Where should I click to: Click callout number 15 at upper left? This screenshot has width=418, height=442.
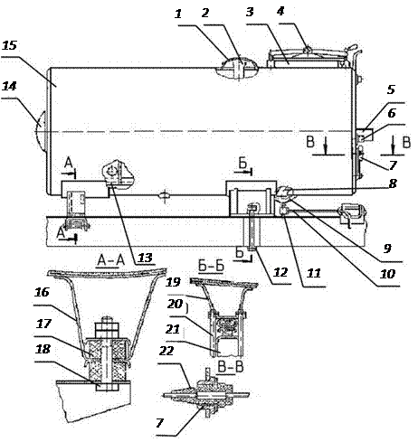(x=9, y=45)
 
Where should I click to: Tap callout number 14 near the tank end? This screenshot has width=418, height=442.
(x=9, y=86)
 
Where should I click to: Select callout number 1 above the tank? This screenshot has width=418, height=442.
(x=178, y=14)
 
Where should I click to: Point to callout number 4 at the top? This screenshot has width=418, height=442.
(x=280, y=11)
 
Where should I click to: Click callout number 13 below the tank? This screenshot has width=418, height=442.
(x=146, y=258)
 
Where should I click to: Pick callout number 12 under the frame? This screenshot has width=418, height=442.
(x=280, y=272)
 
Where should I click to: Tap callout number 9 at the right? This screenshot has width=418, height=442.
(x=387, y=248)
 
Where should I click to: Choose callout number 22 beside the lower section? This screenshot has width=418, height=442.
(x=166, y=351)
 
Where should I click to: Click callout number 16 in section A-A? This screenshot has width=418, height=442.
(x=42, y=292)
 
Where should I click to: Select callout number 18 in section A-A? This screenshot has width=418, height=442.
(x=43, y=349)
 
